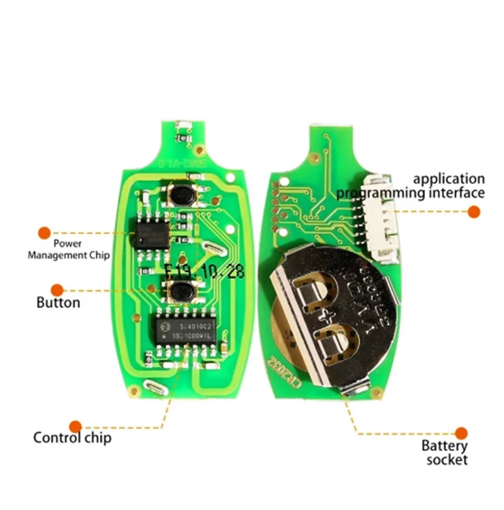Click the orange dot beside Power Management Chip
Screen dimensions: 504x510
click(44, 233)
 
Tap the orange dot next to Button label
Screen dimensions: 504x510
click(57, 290)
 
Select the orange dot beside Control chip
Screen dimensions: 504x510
click(76, 426)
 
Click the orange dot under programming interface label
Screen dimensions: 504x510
click(474, 213)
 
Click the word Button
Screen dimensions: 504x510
click(58, 303)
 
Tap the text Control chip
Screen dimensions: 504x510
click(72, 438)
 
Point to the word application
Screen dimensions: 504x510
click(449, 179)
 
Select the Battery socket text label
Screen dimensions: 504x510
click(446, 453)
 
